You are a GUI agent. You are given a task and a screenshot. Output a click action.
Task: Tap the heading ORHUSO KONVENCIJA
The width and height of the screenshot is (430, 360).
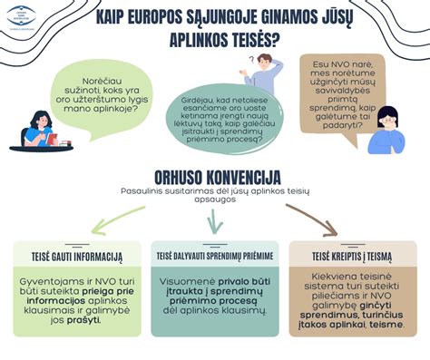point(215,175)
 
